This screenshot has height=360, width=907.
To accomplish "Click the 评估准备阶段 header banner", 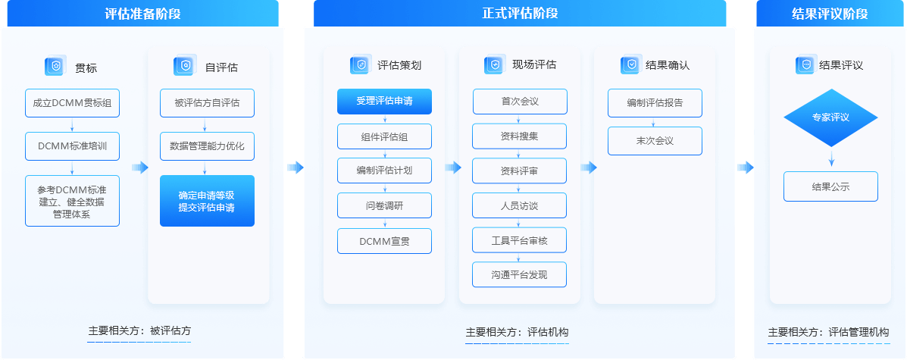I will [x=142, y=14].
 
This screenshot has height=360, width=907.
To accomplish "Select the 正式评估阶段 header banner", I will [x=520, y=14].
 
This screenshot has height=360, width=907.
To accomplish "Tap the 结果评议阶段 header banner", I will [x=829, y=14].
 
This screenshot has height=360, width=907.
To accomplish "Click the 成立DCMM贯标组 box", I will [x=72, y=103].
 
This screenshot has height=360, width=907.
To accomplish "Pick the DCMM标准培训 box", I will [x=72, y=146].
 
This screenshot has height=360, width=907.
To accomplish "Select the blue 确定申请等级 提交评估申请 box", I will [x=207, y=201].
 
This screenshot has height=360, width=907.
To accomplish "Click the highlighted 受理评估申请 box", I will [x=384, y=101].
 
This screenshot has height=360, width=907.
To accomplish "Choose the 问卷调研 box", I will [x=384, y=205].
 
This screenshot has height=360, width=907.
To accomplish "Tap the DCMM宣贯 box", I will [x=384, y=241].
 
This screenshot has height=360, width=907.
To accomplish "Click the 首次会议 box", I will [x=519, y=101].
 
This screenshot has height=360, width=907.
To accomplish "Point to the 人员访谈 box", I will [x=519, y=205].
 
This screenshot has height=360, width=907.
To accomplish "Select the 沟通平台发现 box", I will [x=519, y=274].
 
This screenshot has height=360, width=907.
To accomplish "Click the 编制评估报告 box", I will [x=655, y=103].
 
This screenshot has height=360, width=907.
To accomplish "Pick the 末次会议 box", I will [x=655, y=141].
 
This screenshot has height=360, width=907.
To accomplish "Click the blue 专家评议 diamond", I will [x=830, y=117].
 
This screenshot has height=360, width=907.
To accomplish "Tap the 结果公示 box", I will [x=830, y=186].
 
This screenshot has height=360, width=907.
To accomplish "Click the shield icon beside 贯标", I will [x=55, y=67].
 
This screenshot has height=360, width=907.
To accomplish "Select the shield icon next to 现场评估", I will [x=494, y=65].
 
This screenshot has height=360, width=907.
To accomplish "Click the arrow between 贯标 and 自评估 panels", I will [x=139, y=167].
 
